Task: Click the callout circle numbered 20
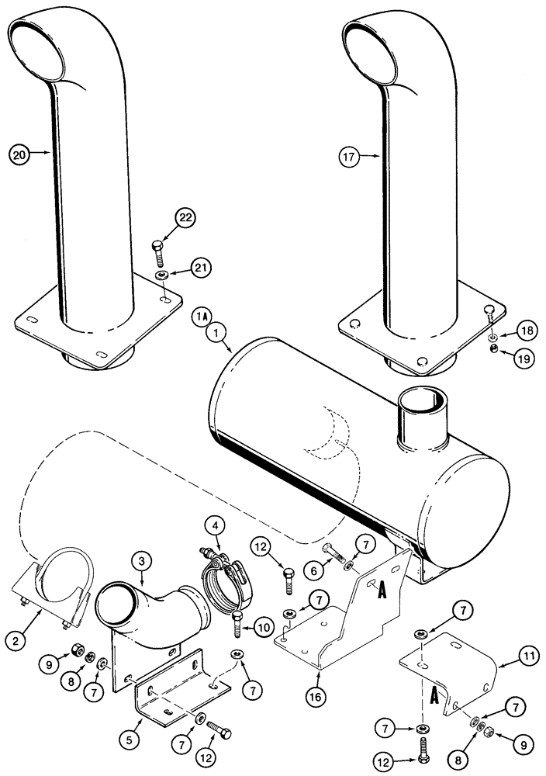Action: (x=21, y=154)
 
